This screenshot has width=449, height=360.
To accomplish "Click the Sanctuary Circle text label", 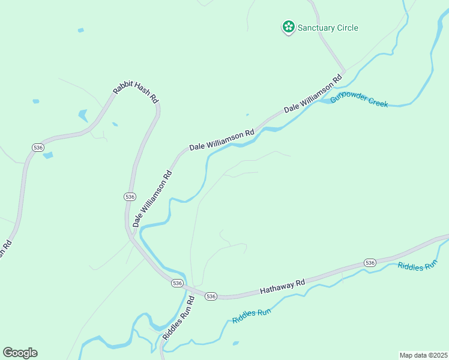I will (x=328, y=28).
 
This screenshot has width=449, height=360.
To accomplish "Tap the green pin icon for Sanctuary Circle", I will (x=289, y=26).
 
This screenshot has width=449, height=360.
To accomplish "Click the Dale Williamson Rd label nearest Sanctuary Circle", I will (x=313, y=93).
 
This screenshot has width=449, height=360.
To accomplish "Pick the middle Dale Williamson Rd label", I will (x=221, y=139).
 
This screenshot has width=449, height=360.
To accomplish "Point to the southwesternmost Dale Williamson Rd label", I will (x=152, y=199).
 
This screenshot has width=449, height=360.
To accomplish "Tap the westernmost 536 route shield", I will (x=38, y=148).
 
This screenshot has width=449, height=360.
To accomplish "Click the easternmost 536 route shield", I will (x=370, y=263).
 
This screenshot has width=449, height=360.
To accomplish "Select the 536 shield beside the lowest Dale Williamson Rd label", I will (x=130, y=197).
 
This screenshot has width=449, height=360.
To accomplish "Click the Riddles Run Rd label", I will (x=178, y=318).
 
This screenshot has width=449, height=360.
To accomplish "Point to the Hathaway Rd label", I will (x=283, y=286).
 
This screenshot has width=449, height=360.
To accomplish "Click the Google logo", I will (x=20, y=353).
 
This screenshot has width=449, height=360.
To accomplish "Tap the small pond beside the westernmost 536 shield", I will (x=47, y=155).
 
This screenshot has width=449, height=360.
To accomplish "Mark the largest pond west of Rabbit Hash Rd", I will (x=82, y=115).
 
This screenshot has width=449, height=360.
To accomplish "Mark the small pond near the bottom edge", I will (x=236, y=343).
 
